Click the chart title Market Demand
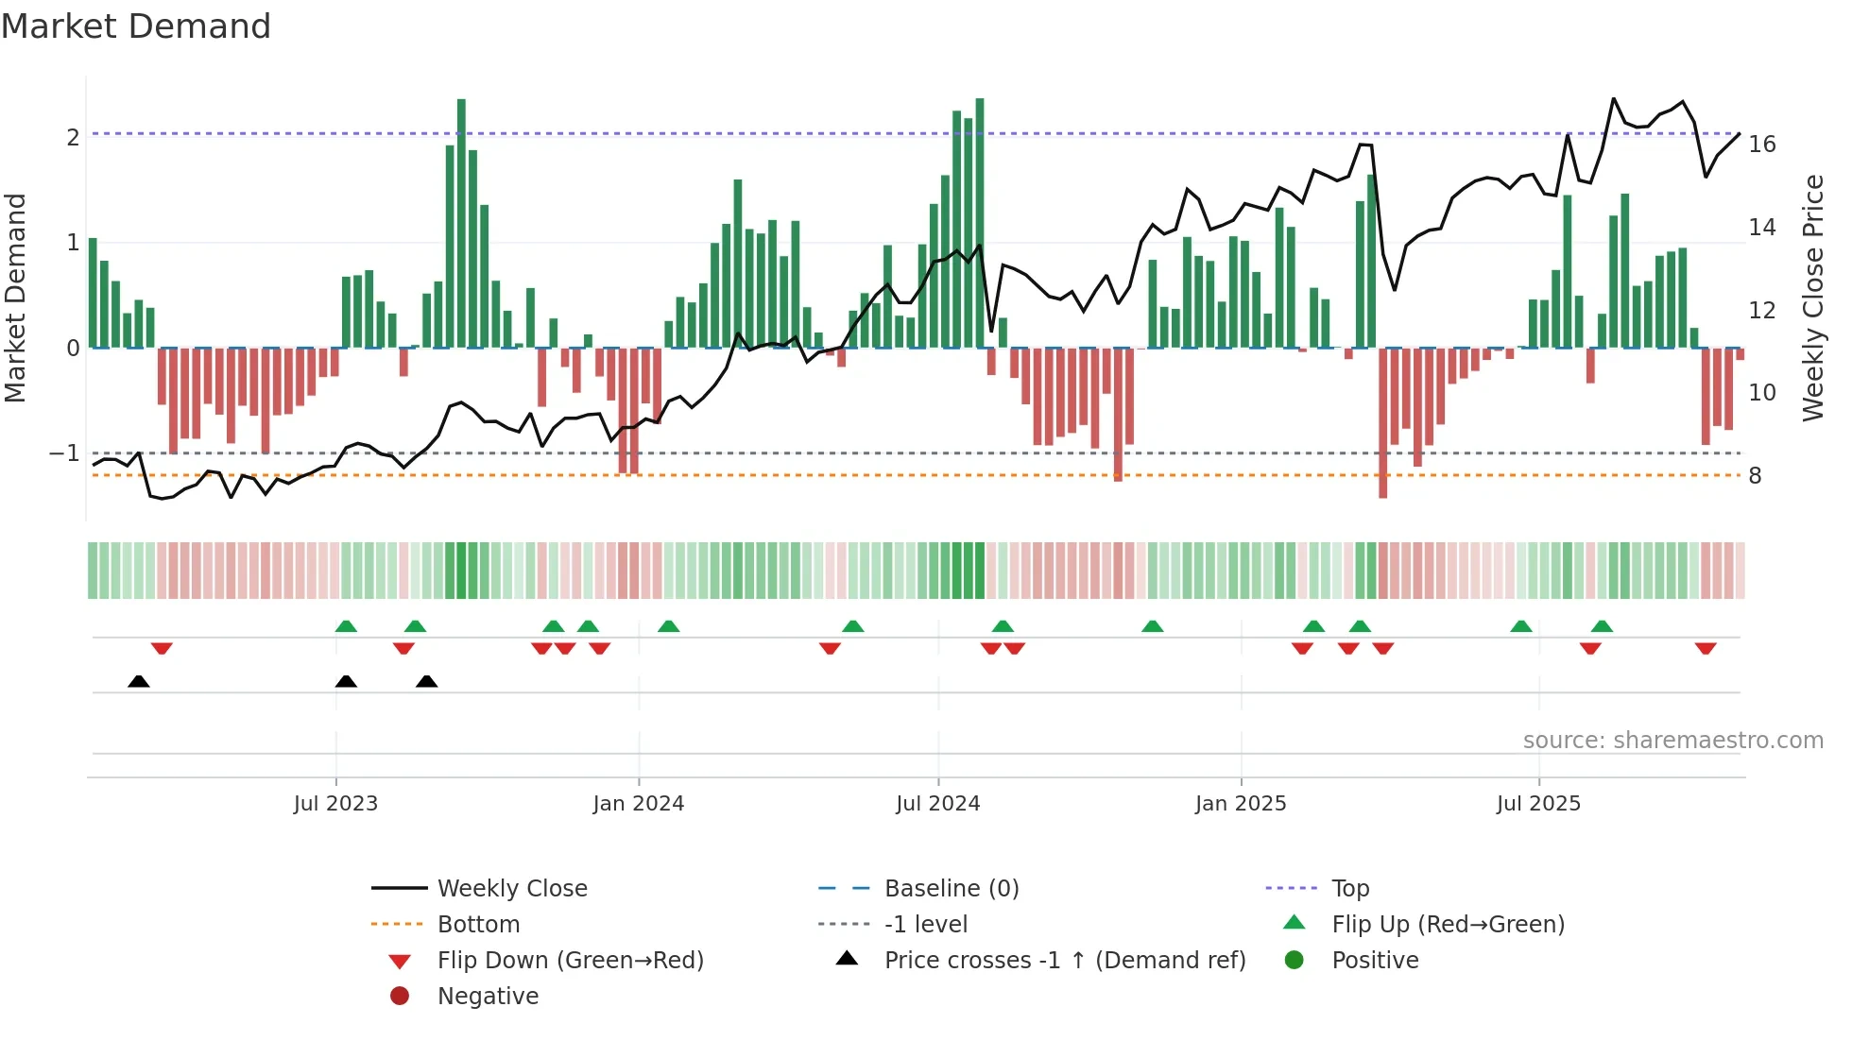click(136, 26)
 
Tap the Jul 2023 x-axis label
click(335, 804)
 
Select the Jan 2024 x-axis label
click(638, 804)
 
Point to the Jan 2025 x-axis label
click(1240, 804)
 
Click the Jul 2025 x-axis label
click(1538, 804)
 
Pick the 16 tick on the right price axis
click(1761, 145)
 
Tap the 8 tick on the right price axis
click(1755, 476)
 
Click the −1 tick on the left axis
click(64, 453)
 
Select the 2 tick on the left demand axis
click(73, 138)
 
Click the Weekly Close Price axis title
click(1812, 298)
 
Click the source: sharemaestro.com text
click(1672, 741)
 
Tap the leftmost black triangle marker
click(139, 681)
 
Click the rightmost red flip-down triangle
click(1705, 648)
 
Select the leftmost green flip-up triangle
click(346, 626)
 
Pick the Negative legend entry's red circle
click(400, 997)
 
